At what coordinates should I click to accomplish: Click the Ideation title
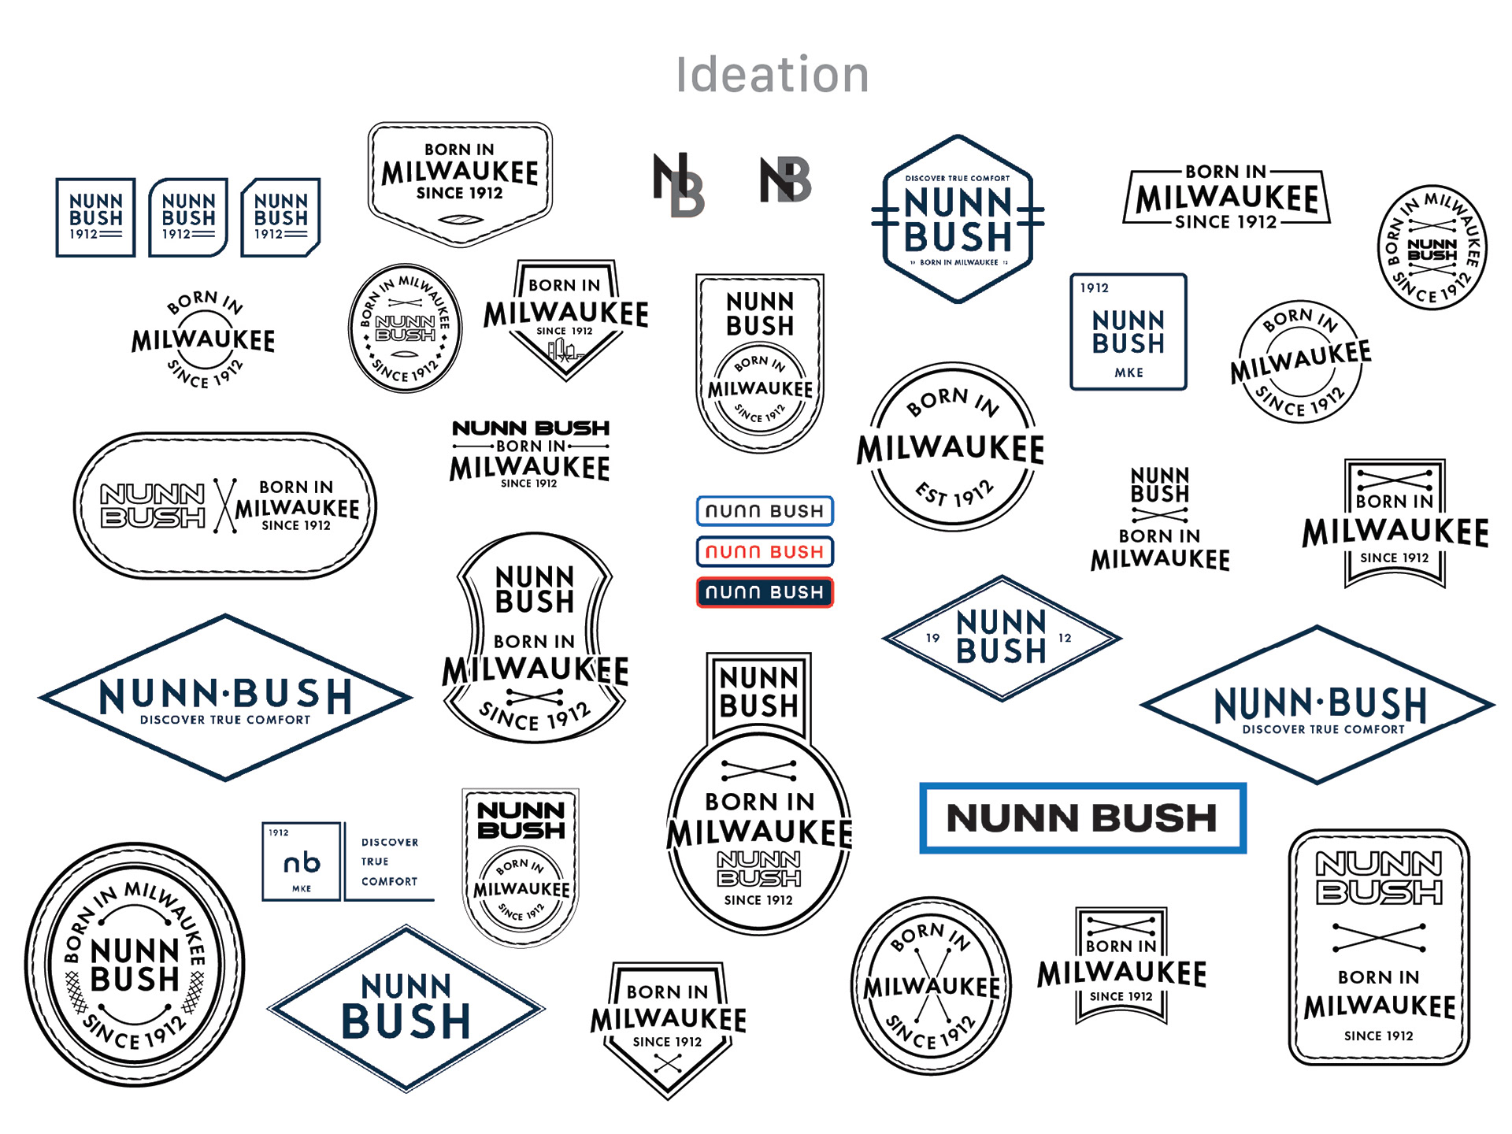(x=772, y=75)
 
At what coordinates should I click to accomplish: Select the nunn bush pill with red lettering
(x=764, y=551)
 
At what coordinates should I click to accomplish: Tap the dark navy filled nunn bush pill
(x=764, y=592)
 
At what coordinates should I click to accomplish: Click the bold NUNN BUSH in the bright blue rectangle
(x=1082, y=818)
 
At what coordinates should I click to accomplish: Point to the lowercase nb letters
(x=302, y=863)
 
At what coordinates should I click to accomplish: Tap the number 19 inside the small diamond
(x=933, y=638)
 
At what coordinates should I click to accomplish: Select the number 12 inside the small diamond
(x=1065, y=638)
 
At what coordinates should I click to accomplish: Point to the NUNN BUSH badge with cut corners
(x=280, y=217)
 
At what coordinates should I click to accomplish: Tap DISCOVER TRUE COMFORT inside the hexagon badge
(x=957, y=179)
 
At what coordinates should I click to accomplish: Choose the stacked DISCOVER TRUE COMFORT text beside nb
(x=389, y=862)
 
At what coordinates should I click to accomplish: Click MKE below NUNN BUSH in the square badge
(x=1128, y=372)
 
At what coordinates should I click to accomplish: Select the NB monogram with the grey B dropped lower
(x=679, y=185)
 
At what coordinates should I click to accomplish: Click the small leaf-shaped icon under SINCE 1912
(x=460, y=220)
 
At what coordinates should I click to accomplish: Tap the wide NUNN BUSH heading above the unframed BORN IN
(x=531, y=428)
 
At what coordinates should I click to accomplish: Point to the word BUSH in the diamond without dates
(x=406, y=1021)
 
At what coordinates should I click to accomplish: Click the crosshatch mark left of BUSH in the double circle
(x=76, y=991)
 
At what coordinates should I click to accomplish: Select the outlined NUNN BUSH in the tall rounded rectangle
(x=1379, y=877)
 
